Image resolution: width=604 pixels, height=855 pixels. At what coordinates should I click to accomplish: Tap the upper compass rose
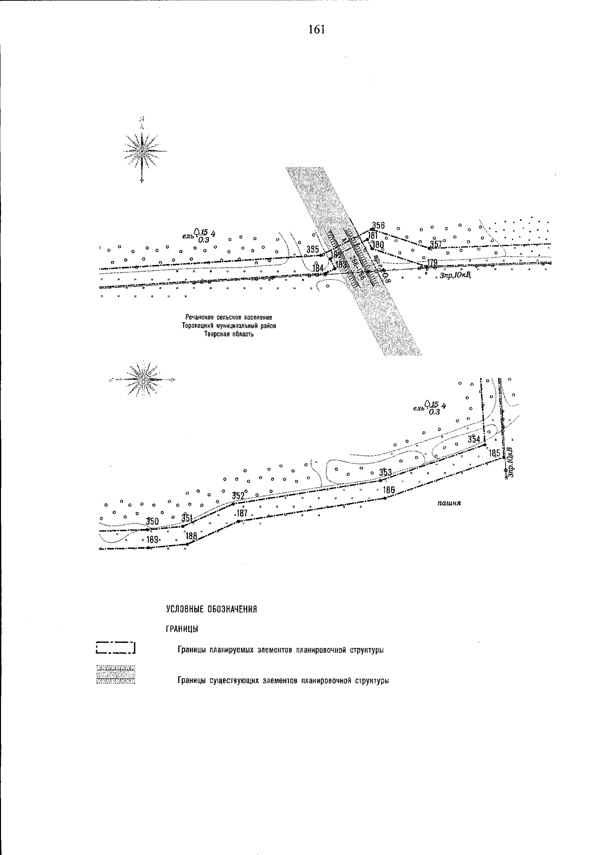coord(143,150)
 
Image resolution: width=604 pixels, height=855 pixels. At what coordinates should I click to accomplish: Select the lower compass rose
coord(143,378)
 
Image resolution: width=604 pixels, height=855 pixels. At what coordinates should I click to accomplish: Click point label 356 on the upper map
coord(378,225)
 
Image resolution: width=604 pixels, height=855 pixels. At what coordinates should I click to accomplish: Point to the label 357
coord(435,244)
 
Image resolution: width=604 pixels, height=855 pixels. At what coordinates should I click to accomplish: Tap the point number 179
coord(432,262)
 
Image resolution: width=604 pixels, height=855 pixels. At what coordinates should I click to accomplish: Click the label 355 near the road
coord(313,249)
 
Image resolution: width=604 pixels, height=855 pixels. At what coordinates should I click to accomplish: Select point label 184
coord(318,268)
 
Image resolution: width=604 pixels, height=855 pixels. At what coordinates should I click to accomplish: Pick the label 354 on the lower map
coord(474,439)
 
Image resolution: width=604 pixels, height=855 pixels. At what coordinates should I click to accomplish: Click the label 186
coord(388,490)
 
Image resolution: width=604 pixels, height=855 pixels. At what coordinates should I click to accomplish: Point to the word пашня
coord(450,502)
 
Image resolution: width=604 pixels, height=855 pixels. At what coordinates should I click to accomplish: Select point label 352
coord(238,495)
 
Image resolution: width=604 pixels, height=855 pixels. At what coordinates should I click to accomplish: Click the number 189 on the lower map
coord(153,540)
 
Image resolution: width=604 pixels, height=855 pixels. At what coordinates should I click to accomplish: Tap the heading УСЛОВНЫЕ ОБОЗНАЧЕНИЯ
coord(212,610)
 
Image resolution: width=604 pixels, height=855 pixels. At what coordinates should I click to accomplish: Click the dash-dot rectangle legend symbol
coord(116,647)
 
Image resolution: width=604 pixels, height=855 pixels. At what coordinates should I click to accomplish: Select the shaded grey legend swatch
coord(116,674)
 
